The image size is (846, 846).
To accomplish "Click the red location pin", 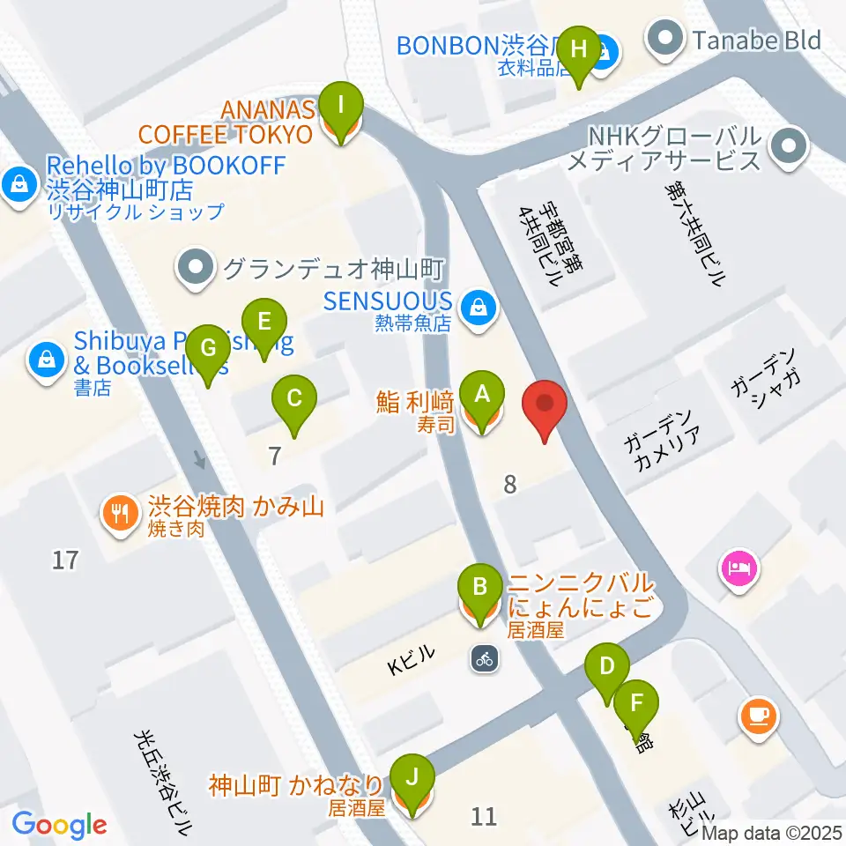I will [x=545, y=408].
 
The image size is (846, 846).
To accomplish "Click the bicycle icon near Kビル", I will [x=482, y=657].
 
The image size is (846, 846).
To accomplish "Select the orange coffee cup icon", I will [x=760, y=715].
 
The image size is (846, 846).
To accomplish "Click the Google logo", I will [x=59, y=825].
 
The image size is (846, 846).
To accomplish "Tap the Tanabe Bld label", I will [x=755, y=40].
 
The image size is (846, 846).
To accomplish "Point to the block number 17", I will [x=65, y=560].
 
